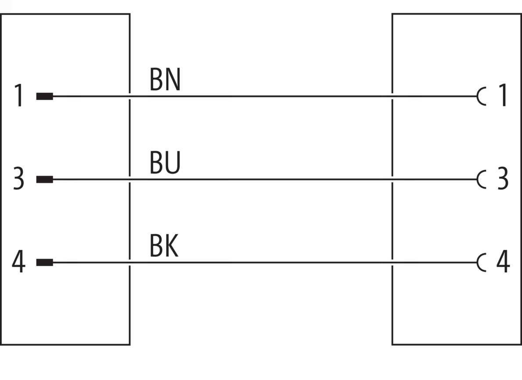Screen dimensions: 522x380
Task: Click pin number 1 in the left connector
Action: (19, 95)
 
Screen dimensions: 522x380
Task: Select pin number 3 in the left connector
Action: (18, 178)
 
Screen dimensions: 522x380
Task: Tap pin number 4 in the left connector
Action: (18, 261)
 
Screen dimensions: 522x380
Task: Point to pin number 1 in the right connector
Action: (504, 95)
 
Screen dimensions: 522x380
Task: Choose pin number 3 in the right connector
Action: (503, 178)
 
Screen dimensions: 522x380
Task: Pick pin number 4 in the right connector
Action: (503, 261)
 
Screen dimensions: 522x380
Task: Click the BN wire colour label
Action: (165, 79)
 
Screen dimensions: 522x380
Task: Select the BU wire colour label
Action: (165, 162)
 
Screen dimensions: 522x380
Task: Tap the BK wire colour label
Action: (164, 245)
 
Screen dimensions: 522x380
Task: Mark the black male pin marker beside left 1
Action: (45, 96)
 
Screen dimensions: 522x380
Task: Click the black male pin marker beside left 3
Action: (45, 179)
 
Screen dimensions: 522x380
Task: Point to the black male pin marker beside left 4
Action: (45, 262)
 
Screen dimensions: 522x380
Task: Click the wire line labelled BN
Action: (265, 96)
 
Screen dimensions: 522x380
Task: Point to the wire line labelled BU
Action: (265, 179)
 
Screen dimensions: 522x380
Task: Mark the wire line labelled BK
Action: (265, 262)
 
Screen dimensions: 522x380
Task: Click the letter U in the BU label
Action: (173, 163)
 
